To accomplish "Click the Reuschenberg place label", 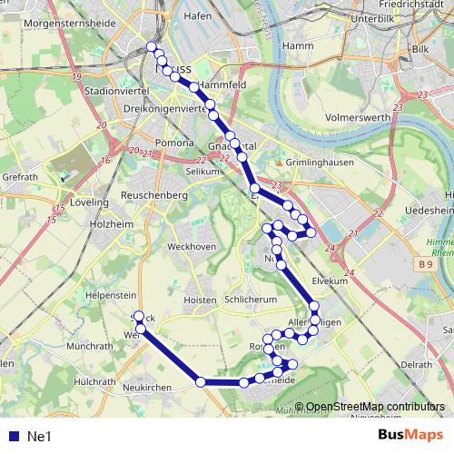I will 155,195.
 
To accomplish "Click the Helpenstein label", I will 110,295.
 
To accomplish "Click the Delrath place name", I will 416,364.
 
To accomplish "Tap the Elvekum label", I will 330,281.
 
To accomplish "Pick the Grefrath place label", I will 19,177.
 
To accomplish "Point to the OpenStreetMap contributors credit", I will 374,407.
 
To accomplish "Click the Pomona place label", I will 173,143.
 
